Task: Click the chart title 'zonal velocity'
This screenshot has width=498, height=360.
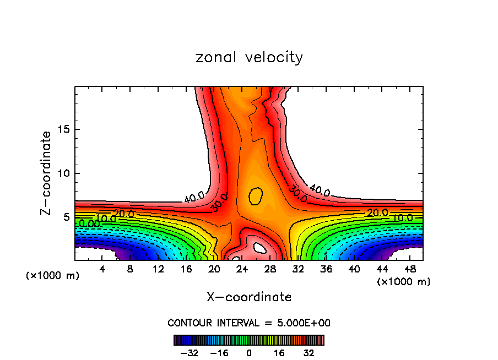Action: point(249,57)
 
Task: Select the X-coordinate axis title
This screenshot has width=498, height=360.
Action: point(249,297)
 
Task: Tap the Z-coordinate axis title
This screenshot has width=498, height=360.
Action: point(46,173)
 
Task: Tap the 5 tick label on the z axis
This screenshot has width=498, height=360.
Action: point(67,217)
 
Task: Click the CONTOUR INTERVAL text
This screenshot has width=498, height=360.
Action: point(249,323)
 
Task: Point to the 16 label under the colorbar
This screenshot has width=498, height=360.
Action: point(279,352)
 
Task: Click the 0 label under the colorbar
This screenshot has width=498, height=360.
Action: point(249,352)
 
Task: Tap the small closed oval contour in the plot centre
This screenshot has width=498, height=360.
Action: point(255,196)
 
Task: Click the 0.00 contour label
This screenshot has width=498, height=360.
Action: point(89,223)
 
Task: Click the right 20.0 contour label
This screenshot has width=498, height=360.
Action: point(377,213)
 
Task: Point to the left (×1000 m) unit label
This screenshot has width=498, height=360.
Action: point(53,276)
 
